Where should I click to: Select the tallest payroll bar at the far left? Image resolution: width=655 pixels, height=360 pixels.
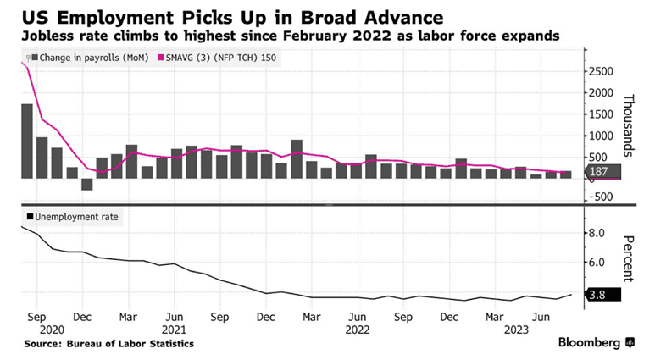(27, 141)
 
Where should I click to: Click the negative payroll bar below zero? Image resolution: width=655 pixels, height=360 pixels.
(86, 184)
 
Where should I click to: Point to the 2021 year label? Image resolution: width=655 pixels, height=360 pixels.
(175, 330)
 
